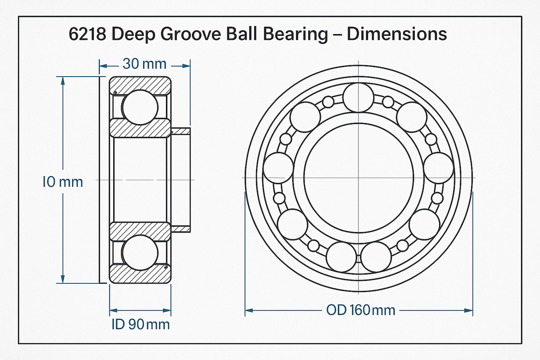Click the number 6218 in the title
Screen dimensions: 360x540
[87, 34]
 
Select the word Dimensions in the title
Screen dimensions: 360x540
[396, 34]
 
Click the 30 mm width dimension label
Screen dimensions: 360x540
[145, 64]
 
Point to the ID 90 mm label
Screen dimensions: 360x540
[141, 324]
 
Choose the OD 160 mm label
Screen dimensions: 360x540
[361, 310]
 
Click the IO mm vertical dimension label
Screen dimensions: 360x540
[63, 182]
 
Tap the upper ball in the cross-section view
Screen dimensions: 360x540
[140, 107]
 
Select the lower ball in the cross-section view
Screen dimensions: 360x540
[140, 252]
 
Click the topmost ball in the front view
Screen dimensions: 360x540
[358, 97]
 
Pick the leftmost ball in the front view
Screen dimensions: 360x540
[278, 167]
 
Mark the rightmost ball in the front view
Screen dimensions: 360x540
[439, 167]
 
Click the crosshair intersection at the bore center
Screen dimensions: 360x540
[358, 178]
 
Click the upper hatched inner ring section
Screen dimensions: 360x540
[140, 128]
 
